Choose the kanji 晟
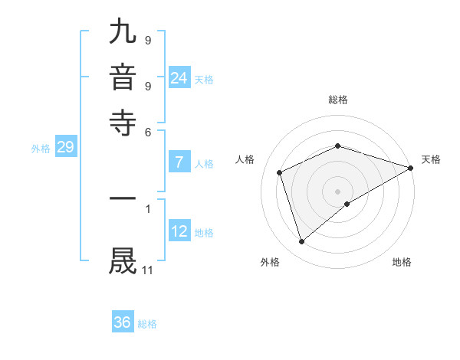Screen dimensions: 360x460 coord(123,260)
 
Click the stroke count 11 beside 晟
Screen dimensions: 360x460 coord(148,270)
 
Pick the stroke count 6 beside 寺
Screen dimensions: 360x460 coord(148,131)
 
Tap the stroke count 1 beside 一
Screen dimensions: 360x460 coord(148,207)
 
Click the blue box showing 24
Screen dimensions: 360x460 coord(179,77)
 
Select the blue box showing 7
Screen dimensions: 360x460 coord(179,162)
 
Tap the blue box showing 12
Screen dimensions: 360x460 coord(179,231)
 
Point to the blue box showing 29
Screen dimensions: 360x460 coord(65,147)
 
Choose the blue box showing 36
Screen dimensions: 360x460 coord(123,322)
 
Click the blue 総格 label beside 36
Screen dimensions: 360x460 coord(147,324)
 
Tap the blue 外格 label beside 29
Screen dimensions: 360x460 coord(41,149)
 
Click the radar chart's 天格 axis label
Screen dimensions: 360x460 coord(431,159)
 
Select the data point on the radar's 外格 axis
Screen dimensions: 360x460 coord(301,242)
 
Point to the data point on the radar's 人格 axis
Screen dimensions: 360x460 coord(280,172)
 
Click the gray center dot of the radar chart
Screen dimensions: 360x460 coord(338,191)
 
